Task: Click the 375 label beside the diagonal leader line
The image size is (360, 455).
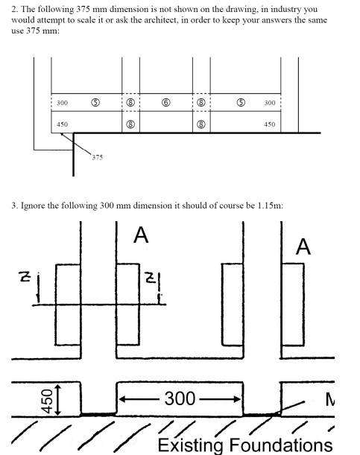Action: pos(97,157)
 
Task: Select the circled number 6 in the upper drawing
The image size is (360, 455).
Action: pos(165,103)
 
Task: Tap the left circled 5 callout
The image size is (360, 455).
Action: pos(95,103)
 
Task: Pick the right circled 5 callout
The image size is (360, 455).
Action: pos(241,103)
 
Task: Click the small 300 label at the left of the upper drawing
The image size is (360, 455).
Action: pos(62,103)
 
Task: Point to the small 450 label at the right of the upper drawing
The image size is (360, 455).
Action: pos(269,124)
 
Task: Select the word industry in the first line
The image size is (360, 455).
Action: pos(285,9)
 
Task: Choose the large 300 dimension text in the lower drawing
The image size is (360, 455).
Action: pos(180,398)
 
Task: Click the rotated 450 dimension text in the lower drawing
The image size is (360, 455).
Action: pos(47,401)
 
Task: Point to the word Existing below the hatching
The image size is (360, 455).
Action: pos(190,445)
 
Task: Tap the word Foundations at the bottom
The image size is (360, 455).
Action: pos(281,445)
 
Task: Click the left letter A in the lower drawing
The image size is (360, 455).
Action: pos(141,235)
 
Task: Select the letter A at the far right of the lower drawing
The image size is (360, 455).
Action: pos(303,246)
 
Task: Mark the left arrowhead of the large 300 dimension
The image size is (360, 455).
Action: pos(122,400)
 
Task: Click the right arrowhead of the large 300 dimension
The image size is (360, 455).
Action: pos(238,399)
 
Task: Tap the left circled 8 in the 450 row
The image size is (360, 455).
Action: pos(130,124)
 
